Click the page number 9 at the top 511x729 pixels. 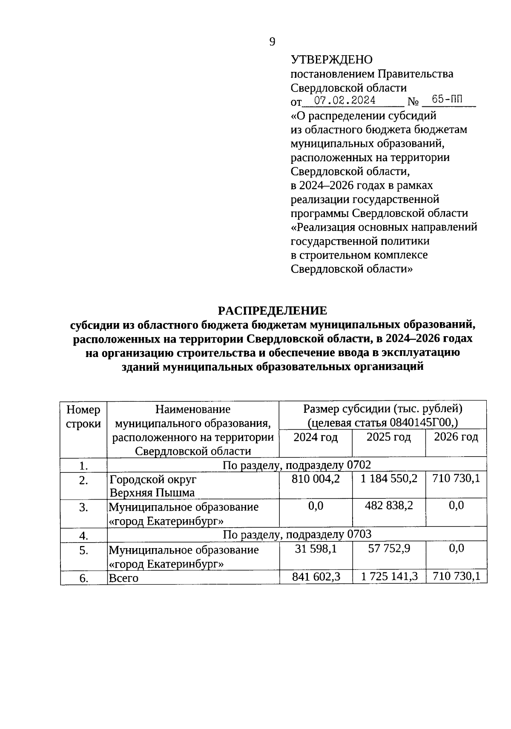pos(272,41)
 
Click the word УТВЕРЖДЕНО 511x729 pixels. pos(331,60)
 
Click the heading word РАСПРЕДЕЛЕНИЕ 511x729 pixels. pos(273,310)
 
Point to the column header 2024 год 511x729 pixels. pos(316,437)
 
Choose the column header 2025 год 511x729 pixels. pos(388,437)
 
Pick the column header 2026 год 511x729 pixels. pos(456,437)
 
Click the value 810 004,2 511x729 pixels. pos(316,479)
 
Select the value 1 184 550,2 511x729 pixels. pos(389,479)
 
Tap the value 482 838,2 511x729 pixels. pos(389,506)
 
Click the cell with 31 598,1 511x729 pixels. pos(316,549)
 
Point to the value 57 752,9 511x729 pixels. pos(389,549)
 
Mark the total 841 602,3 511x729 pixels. pos(316,577)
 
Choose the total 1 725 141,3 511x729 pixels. pos(389,577)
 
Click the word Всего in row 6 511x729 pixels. pos(123,578)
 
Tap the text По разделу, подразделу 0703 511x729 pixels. pos(297,535)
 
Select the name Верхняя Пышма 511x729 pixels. pos(152,493)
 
